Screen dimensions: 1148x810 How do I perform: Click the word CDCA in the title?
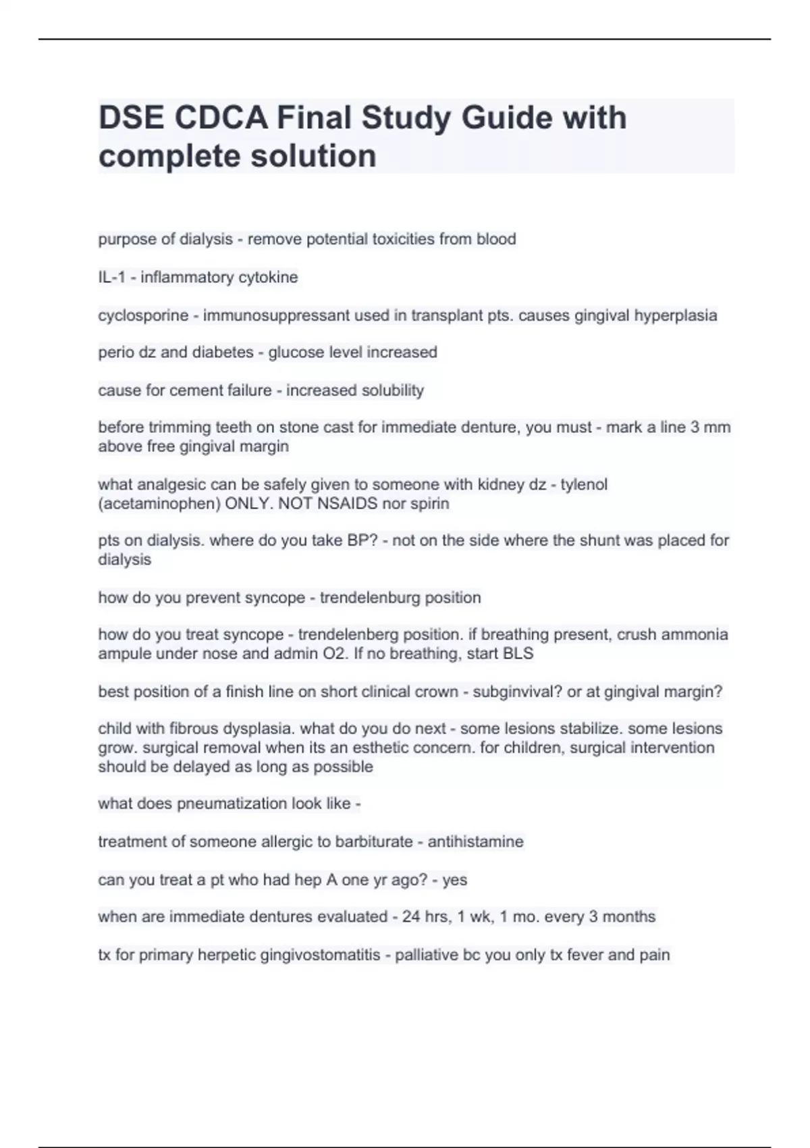(219, 118)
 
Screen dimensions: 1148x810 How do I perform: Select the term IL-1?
(111, 278)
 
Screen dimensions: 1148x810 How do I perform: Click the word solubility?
(391, 390)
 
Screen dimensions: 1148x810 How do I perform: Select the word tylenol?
(584, 484)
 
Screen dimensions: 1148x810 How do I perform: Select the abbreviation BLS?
(518, 654)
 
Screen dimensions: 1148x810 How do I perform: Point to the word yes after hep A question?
(455, 880)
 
